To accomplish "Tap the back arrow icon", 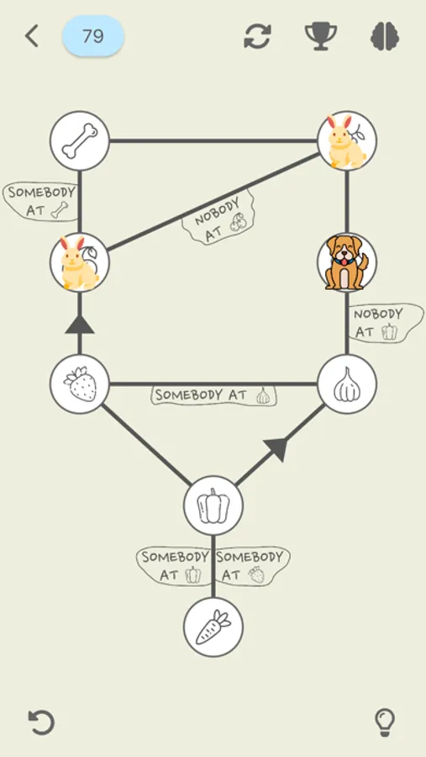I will click(x=32, y=36).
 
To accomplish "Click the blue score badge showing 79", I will click(x=93, y=36).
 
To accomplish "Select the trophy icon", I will click(x=321, y=36).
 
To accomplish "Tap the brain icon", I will click(x=385, y=36).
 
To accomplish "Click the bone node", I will click(x=80, y=140).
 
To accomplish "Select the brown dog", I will click(x=346, y=262).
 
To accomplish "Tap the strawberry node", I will click(x=80, y=384).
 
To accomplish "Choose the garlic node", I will click(x=347, y=384).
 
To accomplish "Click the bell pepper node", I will click(x=213, y=506).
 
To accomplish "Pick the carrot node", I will click(x=213, y=627).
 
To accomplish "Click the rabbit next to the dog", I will click(x=346, y=140).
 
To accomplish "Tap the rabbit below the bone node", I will click(x=80, y=262).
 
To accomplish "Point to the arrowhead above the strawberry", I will click(x=80, y=323).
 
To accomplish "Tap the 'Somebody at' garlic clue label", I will click(x=214, y=395).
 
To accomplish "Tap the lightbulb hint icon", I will click(x=384, y=722).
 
